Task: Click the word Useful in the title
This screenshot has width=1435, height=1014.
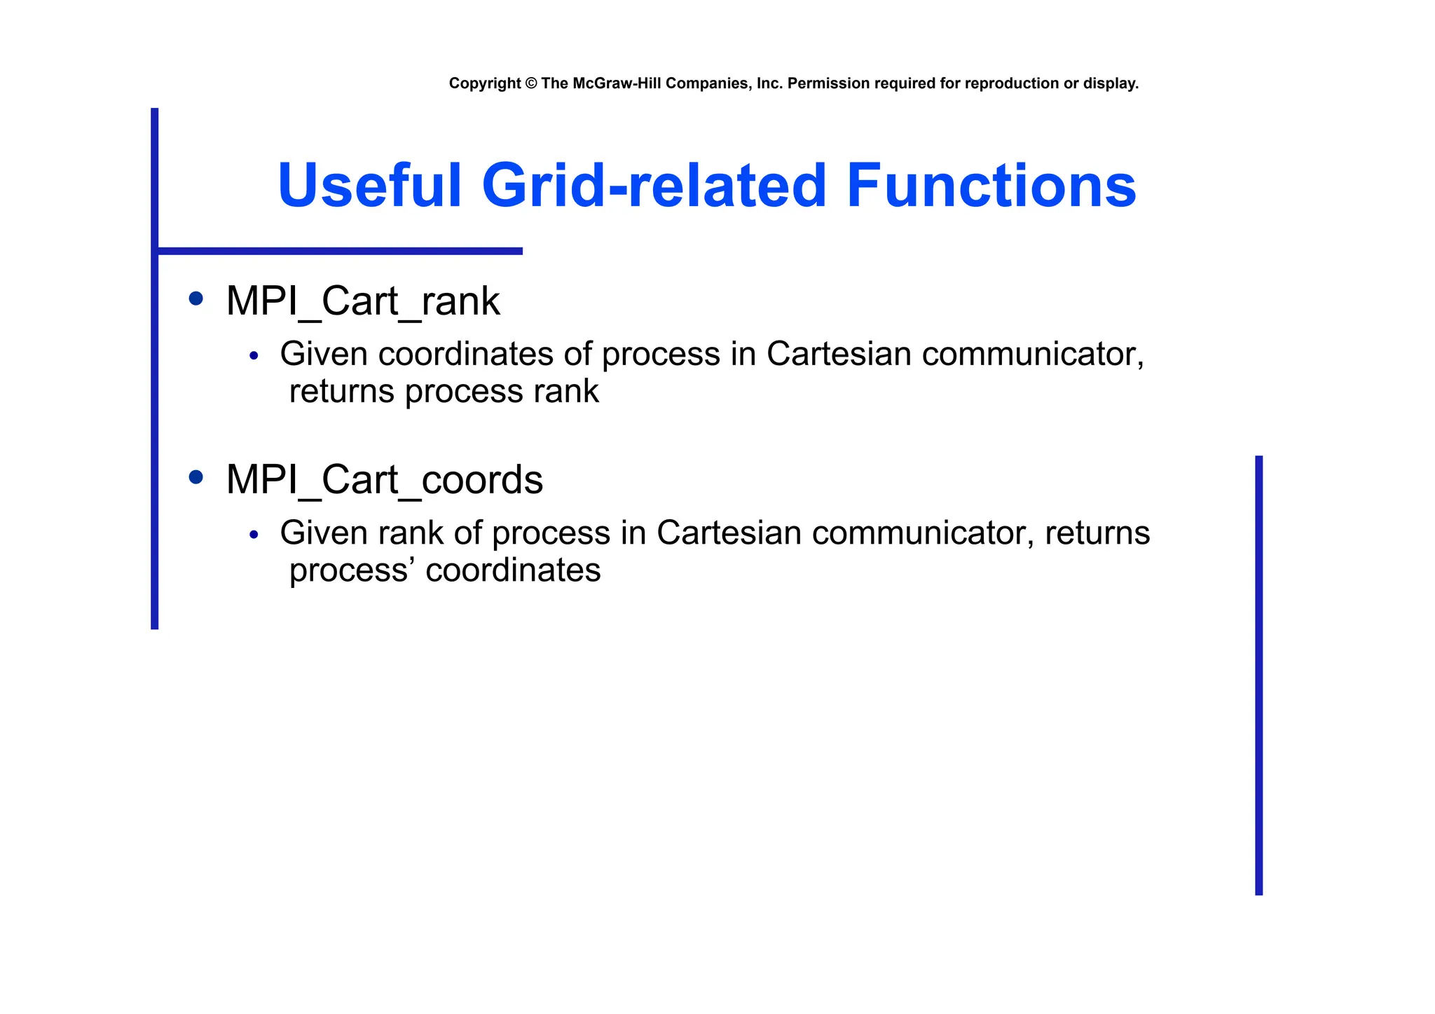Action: [369, 186]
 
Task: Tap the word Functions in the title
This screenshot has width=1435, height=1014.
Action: [991, 186]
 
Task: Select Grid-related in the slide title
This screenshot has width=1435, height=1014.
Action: [654, 186]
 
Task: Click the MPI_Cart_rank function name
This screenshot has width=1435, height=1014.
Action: [362, 302]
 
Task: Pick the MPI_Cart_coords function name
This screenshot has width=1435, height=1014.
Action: [384, 481]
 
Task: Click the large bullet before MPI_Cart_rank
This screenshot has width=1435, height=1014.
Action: [196, 299]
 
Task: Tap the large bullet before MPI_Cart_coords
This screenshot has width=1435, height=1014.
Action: [196, 478]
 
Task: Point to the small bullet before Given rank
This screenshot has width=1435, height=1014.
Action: [254, 535]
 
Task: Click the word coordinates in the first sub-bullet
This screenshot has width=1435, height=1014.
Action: [466, 354]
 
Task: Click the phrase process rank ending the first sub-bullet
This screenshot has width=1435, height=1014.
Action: [502, 392]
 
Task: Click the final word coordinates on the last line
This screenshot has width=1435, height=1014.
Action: [513, 570]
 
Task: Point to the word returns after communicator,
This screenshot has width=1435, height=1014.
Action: [1097, 533]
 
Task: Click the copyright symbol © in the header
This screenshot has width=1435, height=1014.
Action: [530, 83]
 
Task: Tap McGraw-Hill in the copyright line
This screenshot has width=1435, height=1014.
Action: [617, 83]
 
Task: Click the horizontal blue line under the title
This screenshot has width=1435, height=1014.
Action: [340, 251]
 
